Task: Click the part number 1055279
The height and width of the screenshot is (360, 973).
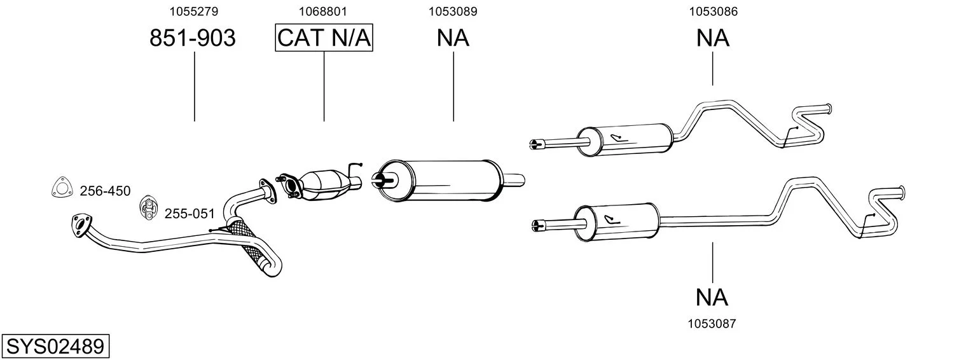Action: (x=194, y=11)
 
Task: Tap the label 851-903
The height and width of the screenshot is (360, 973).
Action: (x=193, y=39)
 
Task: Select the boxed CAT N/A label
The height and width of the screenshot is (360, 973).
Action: (x=324, y=38)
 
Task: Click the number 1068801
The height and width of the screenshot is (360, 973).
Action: (x=324, y=11)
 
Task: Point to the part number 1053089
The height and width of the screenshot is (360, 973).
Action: (x=453, y=11)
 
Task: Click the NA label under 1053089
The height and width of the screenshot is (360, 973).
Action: (x=453, y=39)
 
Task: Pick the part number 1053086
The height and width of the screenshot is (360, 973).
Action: (x=712, y=11)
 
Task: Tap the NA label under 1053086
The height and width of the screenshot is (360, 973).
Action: (x=712, y=39)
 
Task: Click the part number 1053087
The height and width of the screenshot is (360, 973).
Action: (x=712, y=324)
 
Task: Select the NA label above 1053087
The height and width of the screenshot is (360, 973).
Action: (x=712, y=297)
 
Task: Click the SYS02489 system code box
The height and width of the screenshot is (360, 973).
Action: (x=55, y=347)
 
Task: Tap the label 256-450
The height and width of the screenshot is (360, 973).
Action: (x=105, y=191)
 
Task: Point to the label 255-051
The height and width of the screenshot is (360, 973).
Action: (x=190, y=214)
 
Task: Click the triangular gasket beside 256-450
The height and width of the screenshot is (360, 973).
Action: (x=60, y=187)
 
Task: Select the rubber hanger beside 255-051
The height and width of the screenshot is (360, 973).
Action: (x=148, y=207)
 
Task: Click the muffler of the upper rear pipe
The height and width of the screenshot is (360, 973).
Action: (x=627, y=139)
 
